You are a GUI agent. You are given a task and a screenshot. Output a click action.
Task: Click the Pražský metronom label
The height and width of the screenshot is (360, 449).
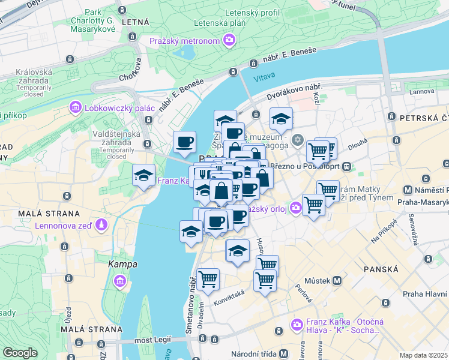(184, 41)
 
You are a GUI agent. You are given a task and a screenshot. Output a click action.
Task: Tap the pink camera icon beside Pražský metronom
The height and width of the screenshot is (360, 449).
(229, 40)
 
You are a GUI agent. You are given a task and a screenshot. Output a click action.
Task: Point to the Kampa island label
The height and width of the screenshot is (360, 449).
(122, 264)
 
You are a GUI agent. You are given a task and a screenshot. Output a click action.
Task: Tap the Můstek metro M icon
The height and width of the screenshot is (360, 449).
(337, 280)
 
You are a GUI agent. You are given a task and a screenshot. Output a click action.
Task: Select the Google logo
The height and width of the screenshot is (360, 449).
(20, 353)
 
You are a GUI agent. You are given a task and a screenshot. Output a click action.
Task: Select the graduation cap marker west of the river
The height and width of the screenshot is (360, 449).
(143, 175)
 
